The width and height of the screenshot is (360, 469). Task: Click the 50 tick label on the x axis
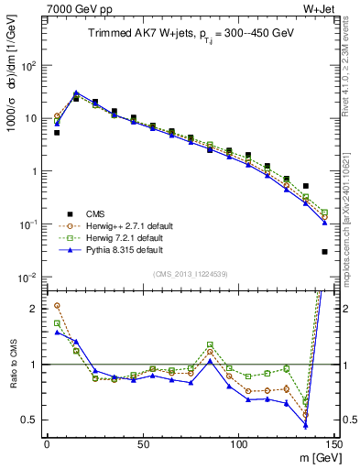coord(143,443)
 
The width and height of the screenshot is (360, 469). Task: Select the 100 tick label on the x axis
coord(238,443)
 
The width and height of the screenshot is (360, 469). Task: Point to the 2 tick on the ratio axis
coord(36,309)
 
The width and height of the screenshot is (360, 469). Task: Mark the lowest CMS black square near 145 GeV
coord(325,252)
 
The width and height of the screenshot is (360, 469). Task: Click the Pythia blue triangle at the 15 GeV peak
coord(76,93)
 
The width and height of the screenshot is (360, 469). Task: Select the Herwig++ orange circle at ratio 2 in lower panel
coord(57,306)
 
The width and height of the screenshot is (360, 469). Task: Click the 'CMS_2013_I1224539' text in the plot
coord(190,272)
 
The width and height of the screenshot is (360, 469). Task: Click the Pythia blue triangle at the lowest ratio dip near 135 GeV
coord(306,426)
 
